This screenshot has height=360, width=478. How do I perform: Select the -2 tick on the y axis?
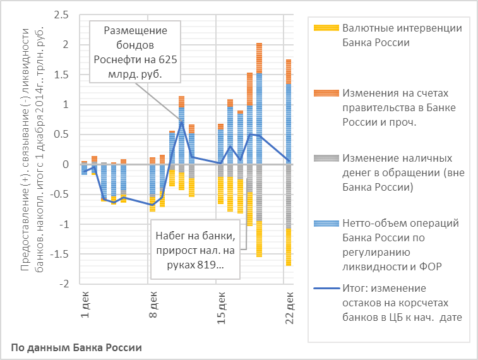pyautogui.click(x=62, y=284)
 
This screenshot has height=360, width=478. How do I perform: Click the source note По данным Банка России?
pyautogui.click(x=76, y=347)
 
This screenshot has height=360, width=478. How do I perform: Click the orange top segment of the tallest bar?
pyautogui.click(x=259, y=57)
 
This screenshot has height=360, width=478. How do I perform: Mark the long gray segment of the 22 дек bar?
pyautogui.click(x=289, y=196)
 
